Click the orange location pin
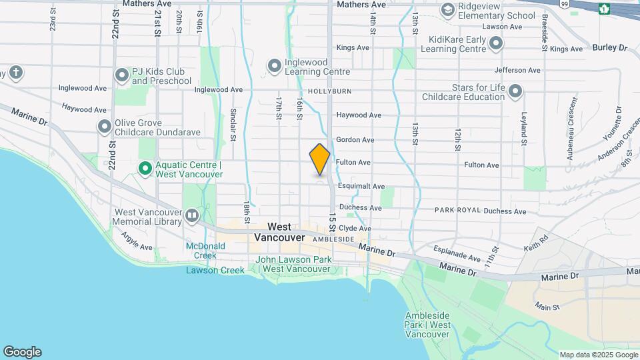click(x=320, y=159)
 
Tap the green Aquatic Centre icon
click(x=145, y=169)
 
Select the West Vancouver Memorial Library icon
click(x=193, y=215)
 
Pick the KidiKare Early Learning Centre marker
click(x=495, y=44)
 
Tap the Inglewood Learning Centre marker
click(x=274, y=65)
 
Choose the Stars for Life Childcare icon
click(x=515, y=91)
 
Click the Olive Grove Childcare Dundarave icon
click(x=104, y=126)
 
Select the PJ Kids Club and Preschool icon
click(x=121, y=75)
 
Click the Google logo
click(x=22, y=352)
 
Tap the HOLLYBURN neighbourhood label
click(x=326, y=91)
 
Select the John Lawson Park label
click(x=293, y=264)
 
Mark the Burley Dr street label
click(x=609, y=48)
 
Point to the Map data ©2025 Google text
click(x=598, y=355)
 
